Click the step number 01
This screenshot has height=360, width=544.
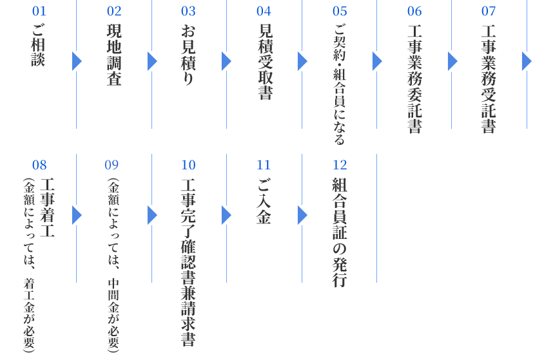click(x=39, y=11)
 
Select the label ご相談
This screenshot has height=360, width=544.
click(x=39, y=44)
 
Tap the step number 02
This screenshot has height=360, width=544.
click(x=114, y=11)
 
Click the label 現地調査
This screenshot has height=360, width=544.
click(x=114, y=54)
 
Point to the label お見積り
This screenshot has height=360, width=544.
click(x=188, y=54)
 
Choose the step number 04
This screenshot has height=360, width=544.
click(x=264, y=11)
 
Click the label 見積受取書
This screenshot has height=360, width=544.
click(x=266, y=62)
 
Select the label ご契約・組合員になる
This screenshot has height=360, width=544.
click(x=339, y=84)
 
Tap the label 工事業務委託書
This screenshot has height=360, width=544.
click(x=414, y=79)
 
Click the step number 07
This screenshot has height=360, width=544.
click(x=489, y=11)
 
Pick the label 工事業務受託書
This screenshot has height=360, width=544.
click(x=489, y=79)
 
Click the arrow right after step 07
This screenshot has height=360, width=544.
click(x=527, y=61)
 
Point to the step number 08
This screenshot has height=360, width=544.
click(x=39, y=165)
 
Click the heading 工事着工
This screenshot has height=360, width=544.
click(x=48, y=207)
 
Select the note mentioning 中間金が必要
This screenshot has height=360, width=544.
click(x=113, y=265)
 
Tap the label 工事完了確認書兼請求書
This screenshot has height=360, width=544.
click(x=188, y=262)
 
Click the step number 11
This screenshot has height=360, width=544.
click(x=264, y=165)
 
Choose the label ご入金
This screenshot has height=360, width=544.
click(x=264, y=201)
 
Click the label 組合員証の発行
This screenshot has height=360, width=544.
click(x=340, y=232)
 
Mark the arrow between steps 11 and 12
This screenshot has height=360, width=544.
click(x=302, y=215)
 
